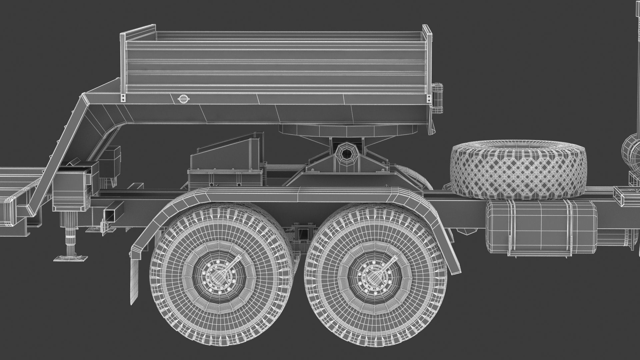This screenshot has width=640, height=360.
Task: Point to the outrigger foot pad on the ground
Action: pos(71,257)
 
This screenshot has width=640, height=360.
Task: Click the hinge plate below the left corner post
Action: pos(124,98)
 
